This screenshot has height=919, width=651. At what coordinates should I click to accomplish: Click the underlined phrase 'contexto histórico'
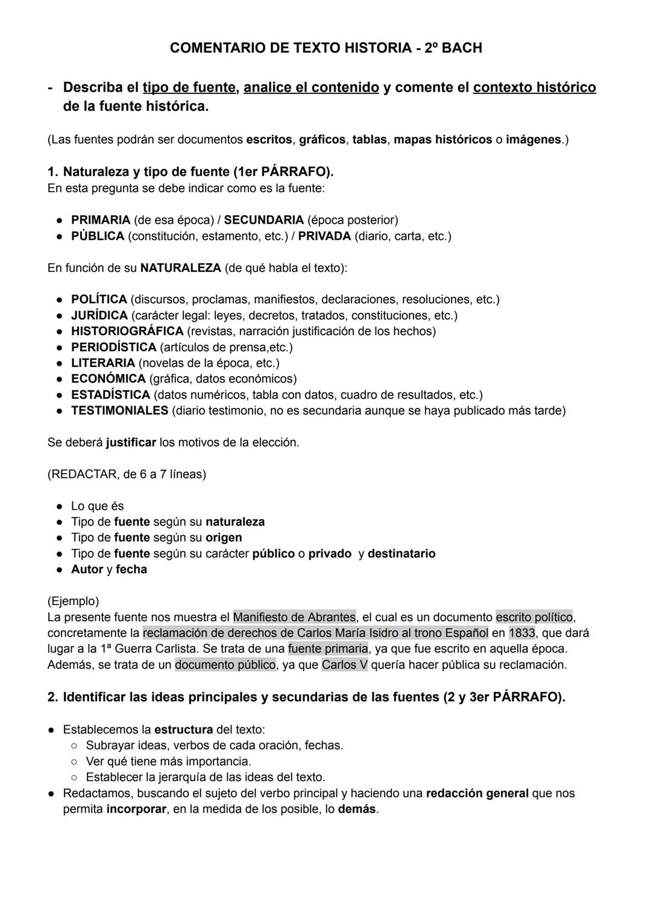coord(534,87)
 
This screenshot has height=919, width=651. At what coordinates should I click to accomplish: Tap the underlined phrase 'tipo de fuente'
coord(189,87)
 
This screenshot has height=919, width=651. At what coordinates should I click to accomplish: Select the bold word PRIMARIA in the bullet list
coord(100,220)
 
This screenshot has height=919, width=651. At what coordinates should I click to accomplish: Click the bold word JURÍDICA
coord(99,316)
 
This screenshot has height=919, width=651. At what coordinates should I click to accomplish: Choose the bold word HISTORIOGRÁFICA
coord(127,331)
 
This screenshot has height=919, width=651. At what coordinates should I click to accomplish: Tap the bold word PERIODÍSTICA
coord(113,348)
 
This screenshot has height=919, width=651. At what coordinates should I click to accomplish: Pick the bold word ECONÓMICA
coord(108,379)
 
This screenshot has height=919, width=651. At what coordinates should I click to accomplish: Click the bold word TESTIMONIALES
coord(119,411)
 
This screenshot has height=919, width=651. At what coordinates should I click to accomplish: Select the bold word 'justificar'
coord(131,443)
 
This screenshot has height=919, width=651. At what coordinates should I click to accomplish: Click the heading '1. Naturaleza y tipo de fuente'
coord(190,172)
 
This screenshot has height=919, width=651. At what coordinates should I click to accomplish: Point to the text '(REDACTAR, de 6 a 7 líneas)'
coord(127,475)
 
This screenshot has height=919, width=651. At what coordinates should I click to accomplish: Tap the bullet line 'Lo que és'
coord(97,506)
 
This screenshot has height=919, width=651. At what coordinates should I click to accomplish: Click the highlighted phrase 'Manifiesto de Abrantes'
coord(294,618)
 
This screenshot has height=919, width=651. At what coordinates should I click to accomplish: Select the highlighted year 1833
coord(521,633)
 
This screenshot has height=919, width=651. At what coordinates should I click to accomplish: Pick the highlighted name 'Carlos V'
coord(344,665)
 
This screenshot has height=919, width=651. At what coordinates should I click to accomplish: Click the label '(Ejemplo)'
coord(73,601)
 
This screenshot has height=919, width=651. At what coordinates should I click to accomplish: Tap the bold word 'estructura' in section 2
coord(183,730)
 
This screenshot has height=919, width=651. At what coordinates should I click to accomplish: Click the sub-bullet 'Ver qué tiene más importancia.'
coord(168,762)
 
